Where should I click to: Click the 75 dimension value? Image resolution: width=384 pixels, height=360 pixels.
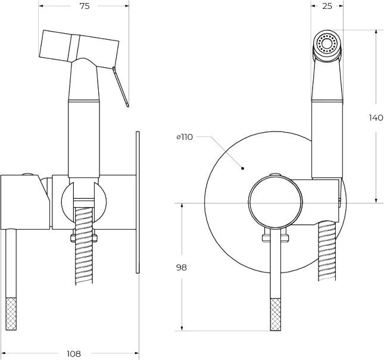tap(85, 6)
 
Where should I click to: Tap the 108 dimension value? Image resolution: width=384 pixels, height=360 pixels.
tap(74, 353)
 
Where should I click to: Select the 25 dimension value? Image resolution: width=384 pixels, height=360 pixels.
tap(327, 6)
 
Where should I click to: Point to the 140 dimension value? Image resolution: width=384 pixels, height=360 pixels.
tap(376, 118)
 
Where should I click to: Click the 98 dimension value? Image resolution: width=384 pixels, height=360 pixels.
tap(182, 268)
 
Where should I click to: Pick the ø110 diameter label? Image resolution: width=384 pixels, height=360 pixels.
tap(185, 137)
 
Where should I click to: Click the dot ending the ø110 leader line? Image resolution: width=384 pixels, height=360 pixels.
tap(242, 168)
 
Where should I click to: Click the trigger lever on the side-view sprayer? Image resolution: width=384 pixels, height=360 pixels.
tap(120, 87)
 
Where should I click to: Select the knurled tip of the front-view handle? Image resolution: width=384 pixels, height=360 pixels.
tap(275, 315)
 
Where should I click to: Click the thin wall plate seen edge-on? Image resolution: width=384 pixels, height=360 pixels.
tap(138, 202)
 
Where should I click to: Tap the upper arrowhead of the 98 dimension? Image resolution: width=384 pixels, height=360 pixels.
tap(182, 205)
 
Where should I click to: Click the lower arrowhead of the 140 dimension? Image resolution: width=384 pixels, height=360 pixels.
tap(376, 200)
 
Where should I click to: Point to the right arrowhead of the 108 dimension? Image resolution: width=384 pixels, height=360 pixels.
tap(136, 353)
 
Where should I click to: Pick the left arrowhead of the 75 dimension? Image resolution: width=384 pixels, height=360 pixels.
tap(42, 6)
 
